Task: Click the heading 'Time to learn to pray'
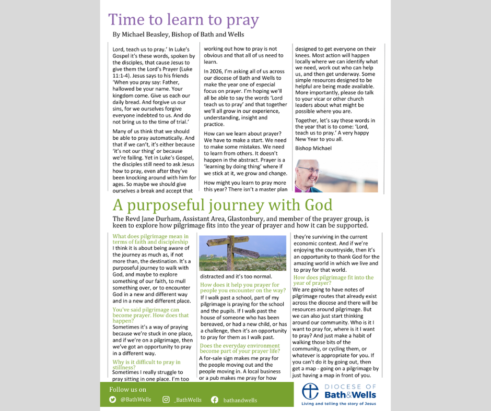[183, 20]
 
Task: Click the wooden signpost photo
[243, 252]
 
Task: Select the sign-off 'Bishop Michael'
[313, 148]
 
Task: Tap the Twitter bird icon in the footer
[113, 400]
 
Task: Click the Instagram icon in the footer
[166, 400]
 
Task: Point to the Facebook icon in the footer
[214, 400]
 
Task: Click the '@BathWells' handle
[135, 400]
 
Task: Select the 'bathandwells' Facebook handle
[240, 400]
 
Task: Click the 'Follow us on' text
[128, 389]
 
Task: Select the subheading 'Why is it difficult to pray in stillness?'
[146, 365]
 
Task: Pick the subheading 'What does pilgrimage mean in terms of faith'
[150, 239]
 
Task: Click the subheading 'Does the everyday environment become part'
[240, 348]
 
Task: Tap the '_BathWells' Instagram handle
[188, 400]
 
